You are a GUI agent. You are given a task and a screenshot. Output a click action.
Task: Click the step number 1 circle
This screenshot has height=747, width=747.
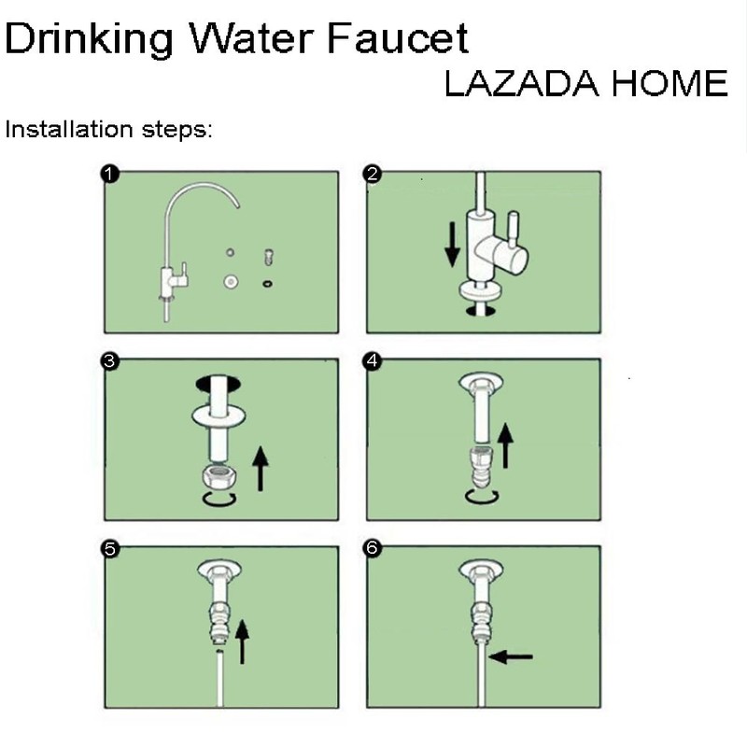tap(110, 174)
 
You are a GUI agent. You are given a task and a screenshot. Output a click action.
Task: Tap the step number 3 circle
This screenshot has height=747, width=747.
tap(110, 361)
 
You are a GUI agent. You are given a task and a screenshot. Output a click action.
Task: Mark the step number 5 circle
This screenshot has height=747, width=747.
tap(110, 549)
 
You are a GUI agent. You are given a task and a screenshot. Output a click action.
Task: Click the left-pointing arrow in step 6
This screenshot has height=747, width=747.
tap(511, 656)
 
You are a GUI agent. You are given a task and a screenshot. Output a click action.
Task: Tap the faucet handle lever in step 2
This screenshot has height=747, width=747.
tap(512, 226)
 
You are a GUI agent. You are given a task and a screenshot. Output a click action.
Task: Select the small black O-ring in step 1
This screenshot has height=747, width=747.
tap(269, 283)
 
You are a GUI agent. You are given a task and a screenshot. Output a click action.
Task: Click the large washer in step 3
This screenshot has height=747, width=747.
tap(220, 413)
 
